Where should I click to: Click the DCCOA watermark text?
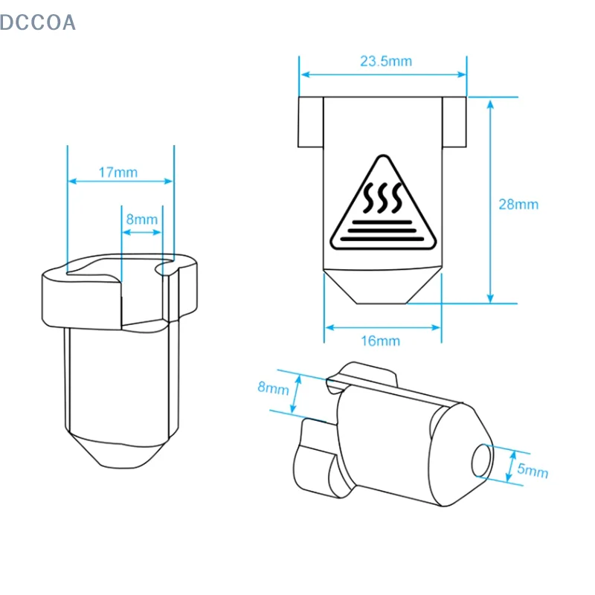tap(38, 22)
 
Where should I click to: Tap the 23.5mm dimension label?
tap(386, 61)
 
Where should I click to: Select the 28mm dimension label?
tap(518, 205)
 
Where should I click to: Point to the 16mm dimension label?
tap(380, 341)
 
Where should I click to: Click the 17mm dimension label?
tap(118, 173)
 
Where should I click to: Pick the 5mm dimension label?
tap(533, 471)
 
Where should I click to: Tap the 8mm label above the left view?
tap(142, 219)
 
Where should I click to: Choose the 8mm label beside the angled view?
tap(273, 387)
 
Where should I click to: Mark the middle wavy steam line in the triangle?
tap(383, 198)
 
